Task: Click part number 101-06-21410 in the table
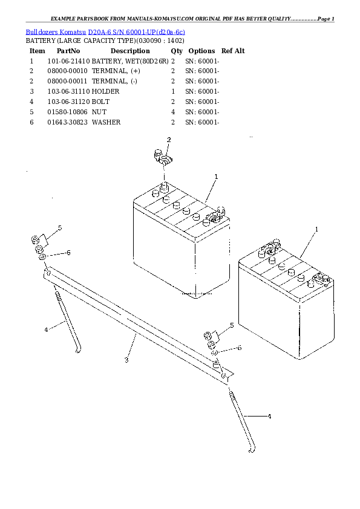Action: click(68, 61)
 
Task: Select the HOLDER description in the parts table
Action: click(105, 91)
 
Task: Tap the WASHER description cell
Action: click(106, 122)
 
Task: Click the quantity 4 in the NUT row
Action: click(173, 112)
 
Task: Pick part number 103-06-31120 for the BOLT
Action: click(68, 102)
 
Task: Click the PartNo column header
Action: click(68, 51)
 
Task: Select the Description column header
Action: click(129, 51)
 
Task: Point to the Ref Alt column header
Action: click(233, 51)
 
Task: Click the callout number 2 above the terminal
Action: click(169, 140)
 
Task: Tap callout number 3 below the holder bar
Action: click(126, 360)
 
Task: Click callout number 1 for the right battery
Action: click(316, 230)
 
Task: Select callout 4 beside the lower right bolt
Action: click(269, 417)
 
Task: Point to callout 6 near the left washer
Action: click(68, 253)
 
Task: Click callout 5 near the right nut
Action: click(231, 326)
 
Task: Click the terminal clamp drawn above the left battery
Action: click(162, 160)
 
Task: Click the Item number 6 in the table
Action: click(31, 122)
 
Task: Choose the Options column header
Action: click(201, 51)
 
